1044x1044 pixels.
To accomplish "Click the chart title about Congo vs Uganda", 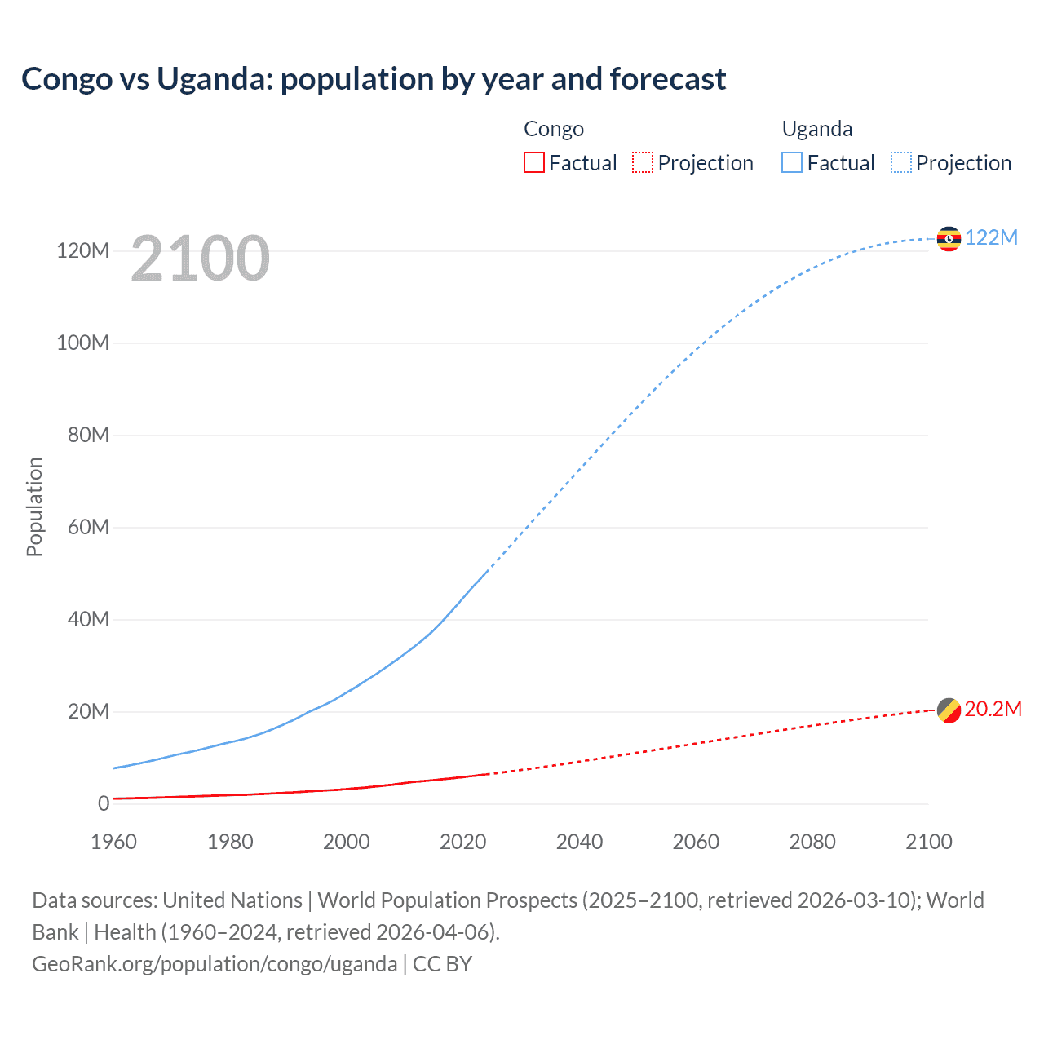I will [x=374, y=79].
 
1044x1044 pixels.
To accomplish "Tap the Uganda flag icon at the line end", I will [x=949, y=238].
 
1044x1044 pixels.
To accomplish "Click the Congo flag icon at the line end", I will [x=949, y=710].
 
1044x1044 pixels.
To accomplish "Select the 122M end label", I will [x=991, y=237].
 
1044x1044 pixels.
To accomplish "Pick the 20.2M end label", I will [x=993, y=709].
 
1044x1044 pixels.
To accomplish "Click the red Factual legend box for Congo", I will [x=534, y=162].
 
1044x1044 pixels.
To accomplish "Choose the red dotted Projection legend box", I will [x=643, y=162].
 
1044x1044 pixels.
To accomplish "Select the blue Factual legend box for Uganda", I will [x=792, y=162].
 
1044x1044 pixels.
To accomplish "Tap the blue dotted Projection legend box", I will [x=901, y=162].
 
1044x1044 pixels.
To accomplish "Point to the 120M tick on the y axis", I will [x=82, y=250].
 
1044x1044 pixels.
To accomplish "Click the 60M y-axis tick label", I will [x=87, y=527].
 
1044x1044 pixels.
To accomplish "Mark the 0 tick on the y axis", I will [x=104, y=803].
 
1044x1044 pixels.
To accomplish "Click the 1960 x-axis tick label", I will [x=113, y=842].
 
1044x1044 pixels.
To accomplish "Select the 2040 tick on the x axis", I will [x=579, y=842].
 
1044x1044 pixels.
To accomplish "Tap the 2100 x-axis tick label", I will [x=928, y=842].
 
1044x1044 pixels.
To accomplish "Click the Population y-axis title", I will [x=34, y=507].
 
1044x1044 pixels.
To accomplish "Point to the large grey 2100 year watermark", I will [x=200, y=259].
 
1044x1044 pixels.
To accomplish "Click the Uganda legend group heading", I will [x=817, y=129].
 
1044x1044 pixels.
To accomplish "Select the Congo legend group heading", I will [x=554, y=129].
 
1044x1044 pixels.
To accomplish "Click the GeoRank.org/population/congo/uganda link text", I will [x=215, y=964].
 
